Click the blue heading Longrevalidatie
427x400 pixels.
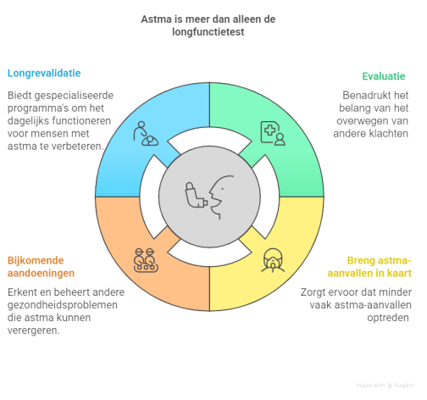coord(44,74)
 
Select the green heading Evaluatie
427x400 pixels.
coord(384,76)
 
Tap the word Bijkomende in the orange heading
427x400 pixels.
coord(36,260)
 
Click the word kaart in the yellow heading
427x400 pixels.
coord(400,273)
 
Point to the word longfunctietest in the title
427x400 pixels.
coord(208,32)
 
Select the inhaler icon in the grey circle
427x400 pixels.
coord(196,195)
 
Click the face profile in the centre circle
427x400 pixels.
coord(221,197)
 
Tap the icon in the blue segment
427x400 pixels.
coord(146,134)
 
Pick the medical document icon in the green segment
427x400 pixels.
coord(273,133)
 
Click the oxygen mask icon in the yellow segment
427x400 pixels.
coord(273,260)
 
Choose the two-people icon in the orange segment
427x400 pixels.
coord(146,260)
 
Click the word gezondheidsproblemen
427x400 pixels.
coord(63,305)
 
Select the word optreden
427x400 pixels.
coord(388,318)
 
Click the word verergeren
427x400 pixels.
coord(33,331)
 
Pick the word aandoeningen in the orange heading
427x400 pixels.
coord(41,274)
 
